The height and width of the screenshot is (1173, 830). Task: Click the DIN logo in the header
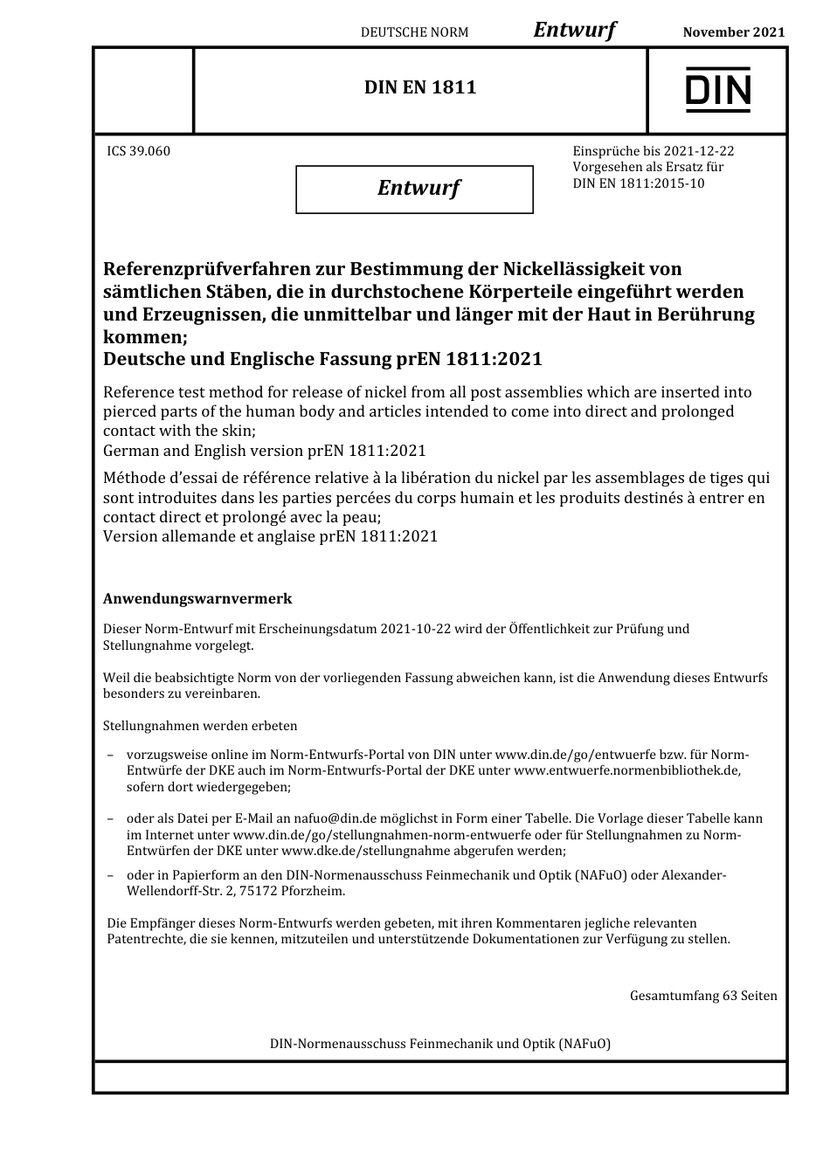point(717,90)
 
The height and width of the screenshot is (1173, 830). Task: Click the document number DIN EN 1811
point(420,87)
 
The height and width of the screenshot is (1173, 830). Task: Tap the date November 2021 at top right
point(733,32)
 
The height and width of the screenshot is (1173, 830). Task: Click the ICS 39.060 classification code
point(138,151)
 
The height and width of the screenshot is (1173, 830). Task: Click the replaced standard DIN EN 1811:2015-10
point(638,183)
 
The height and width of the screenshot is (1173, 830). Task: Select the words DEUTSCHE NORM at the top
point(414,32)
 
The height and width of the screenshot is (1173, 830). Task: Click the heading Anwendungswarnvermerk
point(197,599)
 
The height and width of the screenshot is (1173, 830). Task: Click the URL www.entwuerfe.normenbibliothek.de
point(626,770)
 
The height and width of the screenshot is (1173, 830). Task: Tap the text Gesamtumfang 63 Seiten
point(702,996)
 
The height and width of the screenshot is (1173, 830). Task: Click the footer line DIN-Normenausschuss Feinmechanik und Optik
point(440,1044)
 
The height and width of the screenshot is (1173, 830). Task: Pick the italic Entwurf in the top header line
point(574,30)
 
